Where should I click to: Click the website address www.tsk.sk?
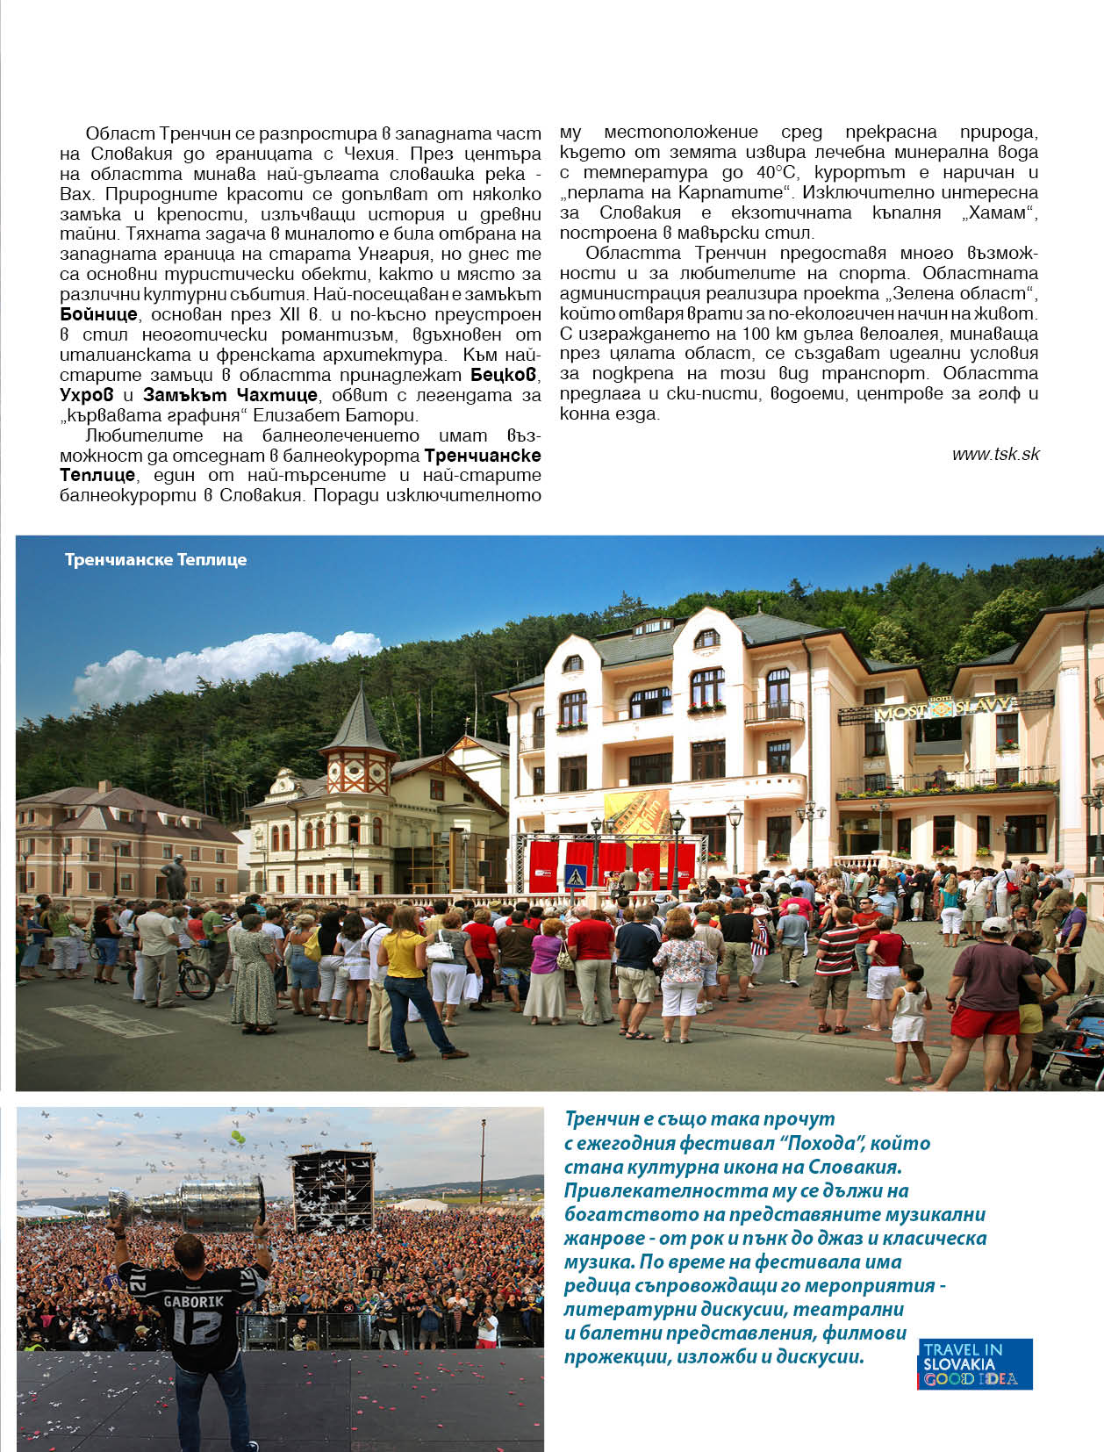point(995,454)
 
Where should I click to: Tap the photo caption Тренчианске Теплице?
point(155,560)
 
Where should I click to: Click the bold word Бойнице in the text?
point(98,314)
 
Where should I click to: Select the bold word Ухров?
point(87,395)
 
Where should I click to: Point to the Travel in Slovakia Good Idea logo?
point(975,1364)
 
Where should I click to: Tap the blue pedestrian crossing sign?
point(575,875)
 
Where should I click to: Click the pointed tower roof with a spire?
point(357,722)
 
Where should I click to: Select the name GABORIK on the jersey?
point(193,1301)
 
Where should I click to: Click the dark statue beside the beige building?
point(174,876)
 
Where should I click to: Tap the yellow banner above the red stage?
point(637,812)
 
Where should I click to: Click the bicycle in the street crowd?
point(189,974)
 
